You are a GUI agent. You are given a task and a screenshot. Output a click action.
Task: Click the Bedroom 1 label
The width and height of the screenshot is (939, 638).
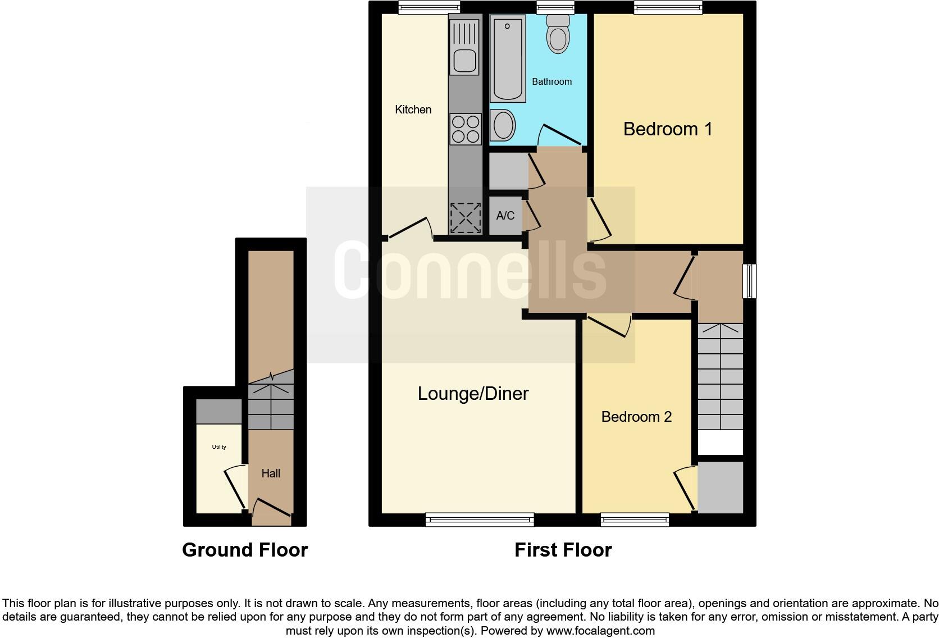(668, 129)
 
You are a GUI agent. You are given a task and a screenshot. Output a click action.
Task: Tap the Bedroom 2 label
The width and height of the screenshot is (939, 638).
(636, 417)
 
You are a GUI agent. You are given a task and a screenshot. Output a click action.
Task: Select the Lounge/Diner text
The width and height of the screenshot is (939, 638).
(473, 394)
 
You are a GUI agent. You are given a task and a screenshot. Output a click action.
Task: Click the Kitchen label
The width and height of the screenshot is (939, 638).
(413, 110)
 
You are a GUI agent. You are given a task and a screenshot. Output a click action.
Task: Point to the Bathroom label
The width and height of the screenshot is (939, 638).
(551, 81)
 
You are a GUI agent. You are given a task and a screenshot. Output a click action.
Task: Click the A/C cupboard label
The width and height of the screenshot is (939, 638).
(505, 216)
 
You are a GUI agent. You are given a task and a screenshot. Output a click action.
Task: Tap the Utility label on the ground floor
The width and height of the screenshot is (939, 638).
(219, 447)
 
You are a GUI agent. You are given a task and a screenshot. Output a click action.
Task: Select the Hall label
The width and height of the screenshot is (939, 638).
(270, 473)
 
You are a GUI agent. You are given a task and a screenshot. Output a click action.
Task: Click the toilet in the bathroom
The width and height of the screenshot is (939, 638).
(558, 34)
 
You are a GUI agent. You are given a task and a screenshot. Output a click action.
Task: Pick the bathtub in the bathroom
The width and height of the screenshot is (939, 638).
(508, 59)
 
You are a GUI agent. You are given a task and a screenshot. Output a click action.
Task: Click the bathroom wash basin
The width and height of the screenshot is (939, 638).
(503, 125)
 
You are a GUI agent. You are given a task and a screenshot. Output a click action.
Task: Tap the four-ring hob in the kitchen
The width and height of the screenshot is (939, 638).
(466, 129)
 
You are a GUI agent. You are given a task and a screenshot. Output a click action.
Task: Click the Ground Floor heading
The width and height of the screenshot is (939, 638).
(245, 550)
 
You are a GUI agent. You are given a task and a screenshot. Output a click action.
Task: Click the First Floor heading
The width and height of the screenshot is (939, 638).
(563, 550)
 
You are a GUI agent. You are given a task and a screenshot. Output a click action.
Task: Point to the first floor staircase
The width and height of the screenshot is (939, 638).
(721, 376)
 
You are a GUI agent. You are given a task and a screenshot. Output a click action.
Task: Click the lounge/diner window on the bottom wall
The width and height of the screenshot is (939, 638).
(480, 519)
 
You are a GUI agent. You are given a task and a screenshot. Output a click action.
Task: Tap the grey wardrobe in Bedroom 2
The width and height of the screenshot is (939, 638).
(721, 487)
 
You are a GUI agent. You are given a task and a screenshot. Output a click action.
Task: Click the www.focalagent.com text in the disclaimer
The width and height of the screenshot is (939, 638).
(600, 631)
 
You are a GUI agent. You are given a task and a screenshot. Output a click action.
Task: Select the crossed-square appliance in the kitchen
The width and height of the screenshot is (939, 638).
(466, 218)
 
